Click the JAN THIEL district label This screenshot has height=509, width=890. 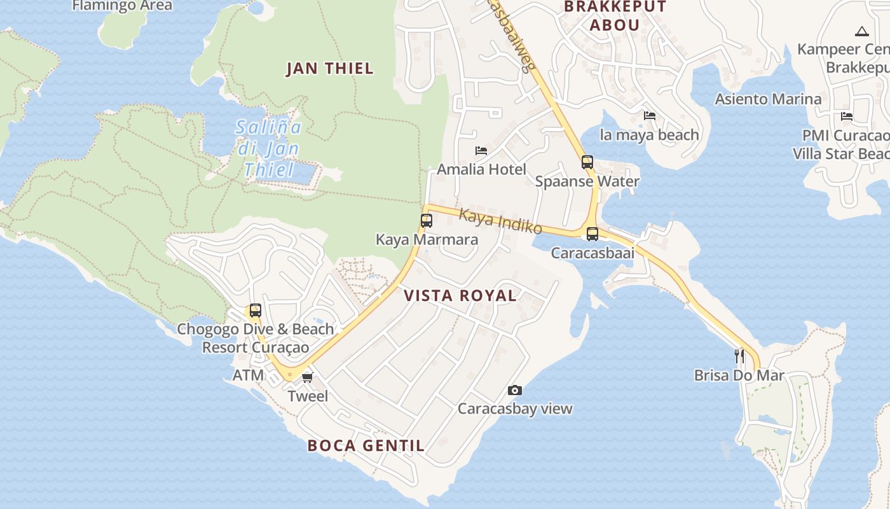329,69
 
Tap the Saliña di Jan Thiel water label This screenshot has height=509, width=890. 268,148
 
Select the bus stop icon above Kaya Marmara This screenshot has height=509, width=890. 427,221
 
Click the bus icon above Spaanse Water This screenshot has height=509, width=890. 587,162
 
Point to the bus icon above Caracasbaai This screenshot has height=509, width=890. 592,234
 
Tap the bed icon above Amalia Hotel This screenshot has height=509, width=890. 481,151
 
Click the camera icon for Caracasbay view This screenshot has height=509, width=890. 515,390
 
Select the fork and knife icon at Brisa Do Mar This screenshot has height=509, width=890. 739,356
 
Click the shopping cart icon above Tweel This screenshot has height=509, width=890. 308,377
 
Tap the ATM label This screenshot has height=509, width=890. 248,375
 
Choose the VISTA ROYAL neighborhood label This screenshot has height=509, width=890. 460,295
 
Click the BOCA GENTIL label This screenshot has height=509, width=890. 366,445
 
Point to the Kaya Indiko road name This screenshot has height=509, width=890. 500,222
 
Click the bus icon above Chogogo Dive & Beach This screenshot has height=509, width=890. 256,310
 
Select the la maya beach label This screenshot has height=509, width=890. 649,135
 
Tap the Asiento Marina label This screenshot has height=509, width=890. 768,99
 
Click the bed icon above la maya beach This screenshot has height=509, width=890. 650,116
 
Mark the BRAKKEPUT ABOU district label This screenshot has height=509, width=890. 614,16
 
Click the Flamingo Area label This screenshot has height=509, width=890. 122,6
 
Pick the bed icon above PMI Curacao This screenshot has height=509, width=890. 847,116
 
